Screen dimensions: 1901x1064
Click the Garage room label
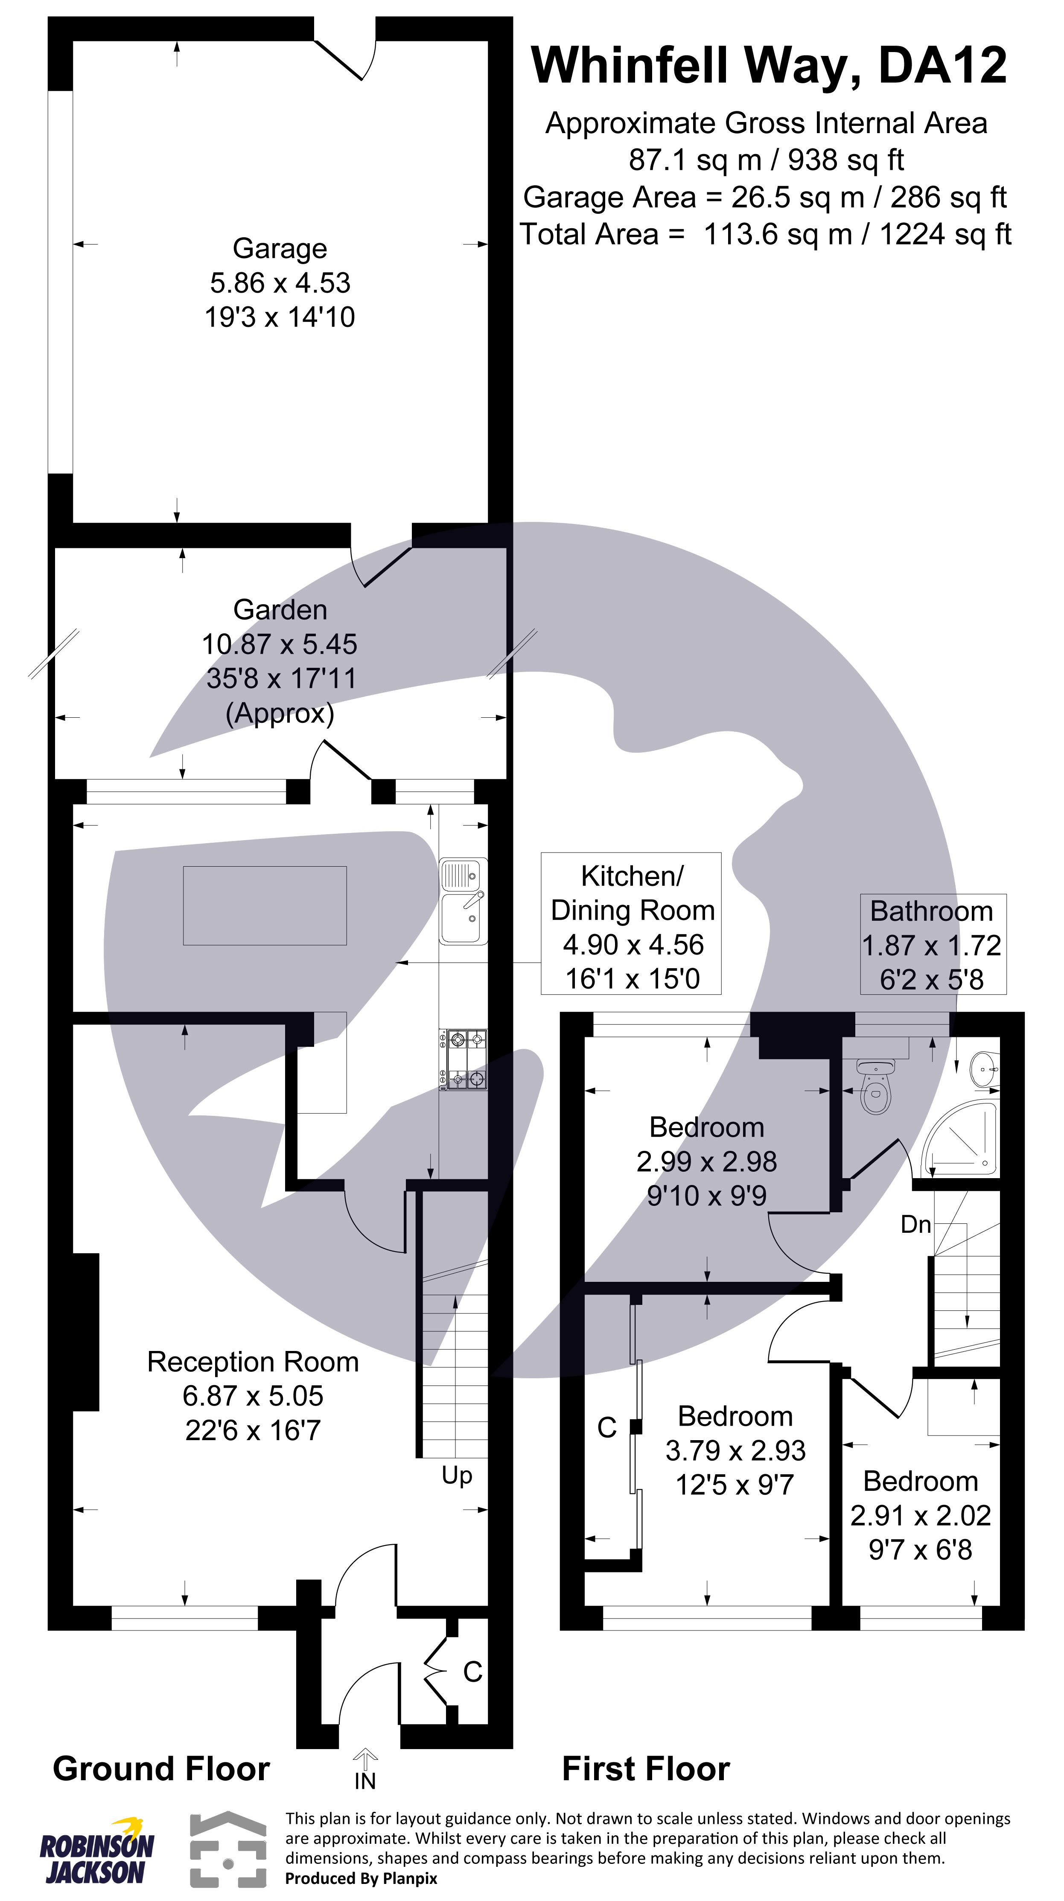tap(280, 249)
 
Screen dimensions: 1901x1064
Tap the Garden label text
tap(280, 610)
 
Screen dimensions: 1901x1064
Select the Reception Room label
tap(253, 1362)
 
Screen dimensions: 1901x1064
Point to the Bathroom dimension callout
tap(932, 945)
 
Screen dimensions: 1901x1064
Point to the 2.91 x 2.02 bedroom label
tap(920, 1515)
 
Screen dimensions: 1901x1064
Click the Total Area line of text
tap(765, 235)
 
